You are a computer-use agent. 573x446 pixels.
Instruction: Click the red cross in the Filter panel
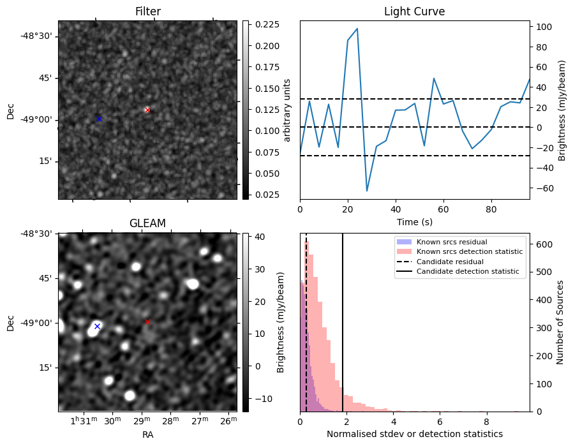[x=147, y=110]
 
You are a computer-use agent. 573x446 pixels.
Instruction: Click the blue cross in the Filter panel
[x=99, y=119]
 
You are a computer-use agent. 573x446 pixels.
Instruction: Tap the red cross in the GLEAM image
[x=147, y=322]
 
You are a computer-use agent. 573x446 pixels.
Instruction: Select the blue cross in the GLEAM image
[x=97, y=326]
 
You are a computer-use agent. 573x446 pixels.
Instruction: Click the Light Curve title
[x=414, y=11]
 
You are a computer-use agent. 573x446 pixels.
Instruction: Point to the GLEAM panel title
[x=147, y=223]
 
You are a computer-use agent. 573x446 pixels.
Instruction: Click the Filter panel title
[x=147, y=11]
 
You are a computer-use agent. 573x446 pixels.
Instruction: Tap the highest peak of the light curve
[x=357, y=29]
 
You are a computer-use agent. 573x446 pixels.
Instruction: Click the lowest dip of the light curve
[x=367, y=191]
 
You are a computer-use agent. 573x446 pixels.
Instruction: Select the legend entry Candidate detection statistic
[x=470, y=272]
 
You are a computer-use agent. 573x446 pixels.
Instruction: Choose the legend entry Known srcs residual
[x=451, y=242]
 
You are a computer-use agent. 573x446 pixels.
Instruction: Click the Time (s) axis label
[x=414, y=221]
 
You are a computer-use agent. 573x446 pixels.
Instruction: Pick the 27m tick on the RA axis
[x=200, y=421]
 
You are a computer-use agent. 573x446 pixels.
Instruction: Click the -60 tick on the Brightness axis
[x=542, y=188]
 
